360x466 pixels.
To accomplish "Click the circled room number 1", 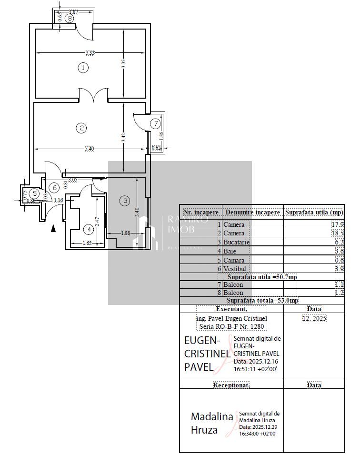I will pyautogui.click(x=83, y=68).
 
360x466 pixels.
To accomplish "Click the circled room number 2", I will pyautogui.click(x=82, y=128).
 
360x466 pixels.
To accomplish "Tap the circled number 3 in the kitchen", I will pyautogui.click(x=125, y=201).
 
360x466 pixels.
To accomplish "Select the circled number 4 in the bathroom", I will pyautogui.click(x=88, y=230).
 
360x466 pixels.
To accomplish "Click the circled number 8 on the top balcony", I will pyautogui.click(x=70, y=19).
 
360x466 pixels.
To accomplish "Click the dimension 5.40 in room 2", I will pyautogui.click(x=89, y=149).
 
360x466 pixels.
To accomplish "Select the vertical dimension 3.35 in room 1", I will pyautogui.click(x=123, y=64).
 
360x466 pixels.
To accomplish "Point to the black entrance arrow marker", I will pyautogui.click(x=53, y=228).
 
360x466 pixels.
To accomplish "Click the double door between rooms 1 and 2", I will pyautogui.click(x=94, y=96).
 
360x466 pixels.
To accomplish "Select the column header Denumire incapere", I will pyautogui.click(x=252, y=212).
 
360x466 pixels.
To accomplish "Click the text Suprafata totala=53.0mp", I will pyautogui.click(x=262, y=301).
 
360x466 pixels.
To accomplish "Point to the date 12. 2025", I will pyautogui.click(x=314, y=318).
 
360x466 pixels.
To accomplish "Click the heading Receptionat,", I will pyautogui.click(x=231, y=385).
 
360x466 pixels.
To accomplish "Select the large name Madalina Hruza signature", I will pyautogui.click(x=212, y=423).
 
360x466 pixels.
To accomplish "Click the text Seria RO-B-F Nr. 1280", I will pyautogui.click(x=231, y=326).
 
